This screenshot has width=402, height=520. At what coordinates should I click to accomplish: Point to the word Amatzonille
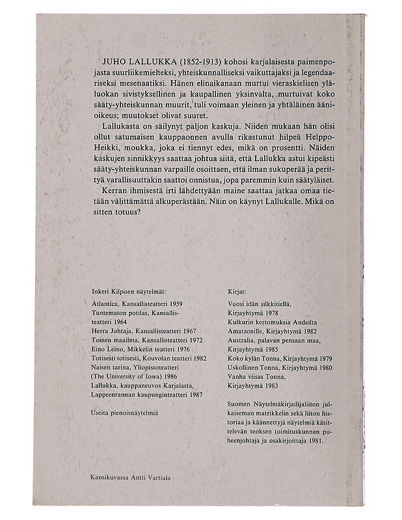pyautogui.click(x=241, y=331)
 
